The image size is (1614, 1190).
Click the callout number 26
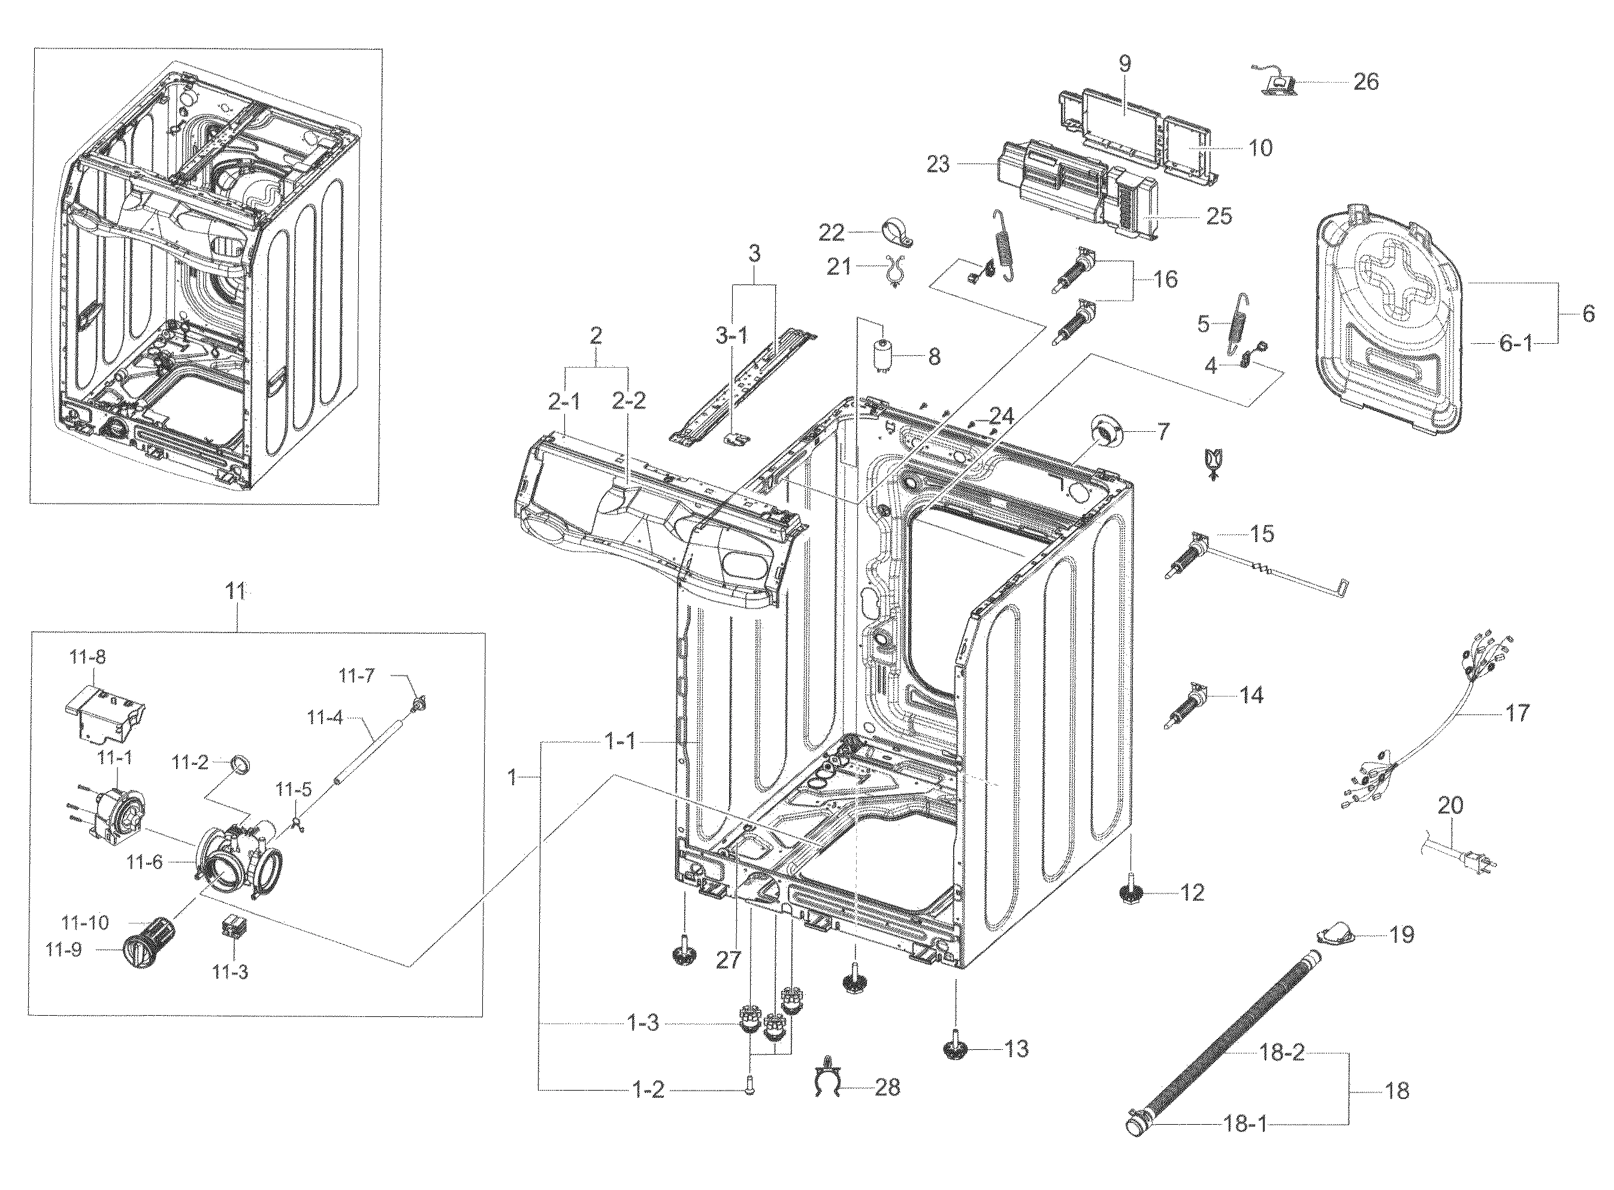click(x=1365, y=82)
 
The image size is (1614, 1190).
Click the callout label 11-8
click(x=87, y=657)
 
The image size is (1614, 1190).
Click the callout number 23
click(x=938, y=165)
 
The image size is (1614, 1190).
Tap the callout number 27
click(x=728, y=960)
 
